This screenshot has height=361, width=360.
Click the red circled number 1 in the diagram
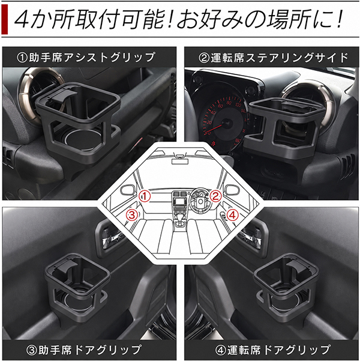tap(145, 196)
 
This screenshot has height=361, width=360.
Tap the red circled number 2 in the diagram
tap(215, 196)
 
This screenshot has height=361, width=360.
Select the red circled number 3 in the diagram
tap(131, 215)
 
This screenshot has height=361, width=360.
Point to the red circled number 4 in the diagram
tap(233, 215)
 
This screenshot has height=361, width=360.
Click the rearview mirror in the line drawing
tap(180, 161)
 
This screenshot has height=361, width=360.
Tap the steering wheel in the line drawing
tap(200, 201)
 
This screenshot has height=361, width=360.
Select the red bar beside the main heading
tap(4, 20)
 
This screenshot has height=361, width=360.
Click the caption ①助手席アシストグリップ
tap(86, 57)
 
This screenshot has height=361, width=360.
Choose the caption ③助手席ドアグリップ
tap(83, 350)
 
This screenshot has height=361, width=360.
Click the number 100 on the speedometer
tap(238, 105)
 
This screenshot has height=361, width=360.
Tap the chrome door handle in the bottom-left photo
tap(112, 239)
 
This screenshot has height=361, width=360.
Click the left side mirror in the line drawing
tap(128, 190)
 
